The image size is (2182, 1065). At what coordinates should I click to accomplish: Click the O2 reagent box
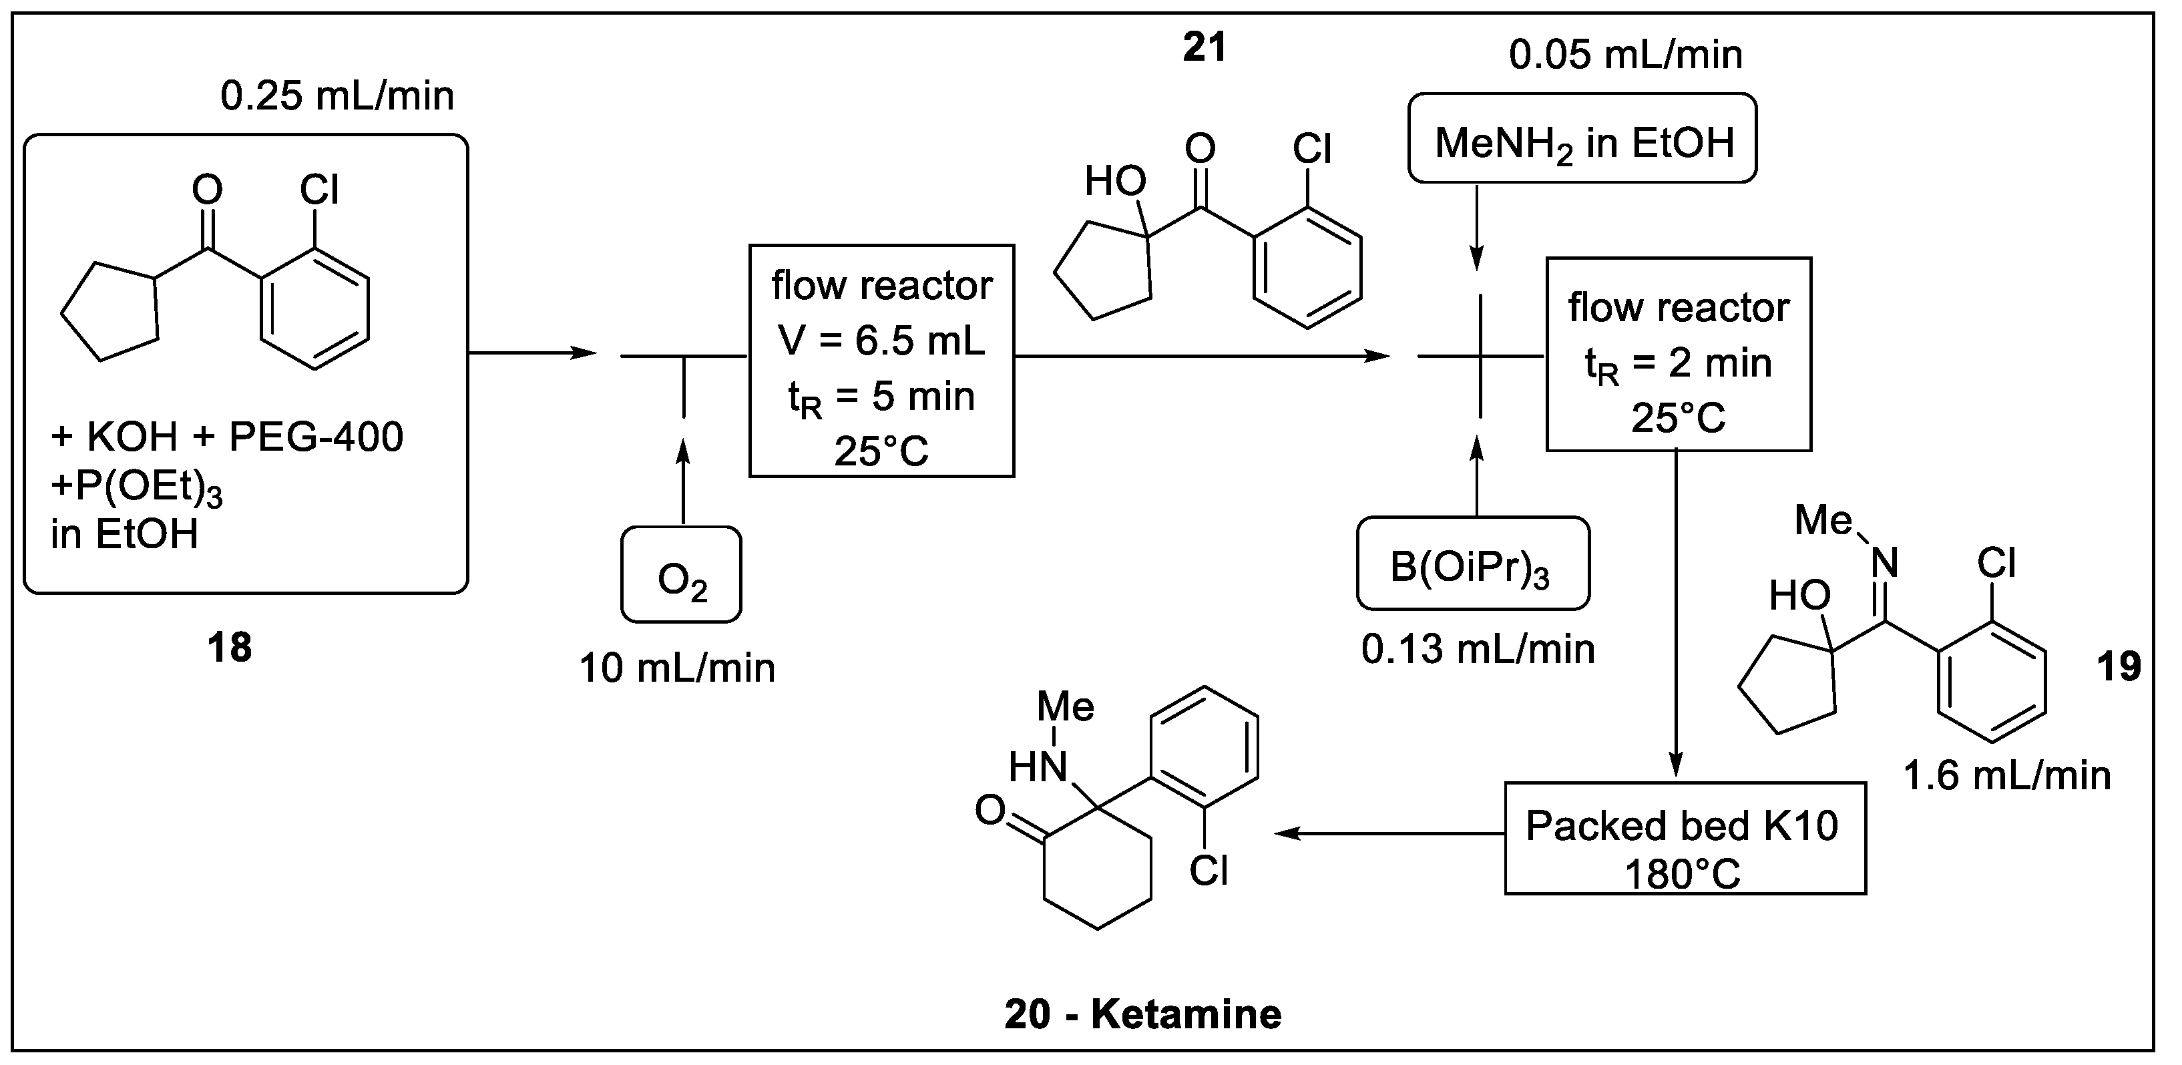coord(681,576)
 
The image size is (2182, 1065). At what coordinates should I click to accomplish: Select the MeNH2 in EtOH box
coord(1582,139)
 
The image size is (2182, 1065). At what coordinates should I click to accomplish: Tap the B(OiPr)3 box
coord(1473,564)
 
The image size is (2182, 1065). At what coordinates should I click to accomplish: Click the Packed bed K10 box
coord(1685,838)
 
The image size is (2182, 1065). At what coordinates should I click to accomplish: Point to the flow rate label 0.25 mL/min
coord(337,95)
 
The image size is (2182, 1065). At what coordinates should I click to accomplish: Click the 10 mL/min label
coord(677,668)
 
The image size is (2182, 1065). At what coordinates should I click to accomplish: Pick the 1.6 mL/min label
coord(2006,775)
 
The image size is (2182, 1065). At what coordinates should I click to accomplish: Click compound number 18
coord(230,647)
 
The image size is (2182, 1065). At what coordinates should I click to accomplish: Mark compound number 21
coord(1204,47)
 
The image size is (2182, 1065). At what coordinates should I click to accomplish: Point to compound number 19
coord(2119,667)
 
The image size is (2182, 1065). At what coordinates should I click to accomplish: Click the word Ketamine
coord(1186,1014)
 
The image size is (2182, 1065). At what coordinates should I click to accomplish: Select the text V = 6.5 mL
coord(881,341)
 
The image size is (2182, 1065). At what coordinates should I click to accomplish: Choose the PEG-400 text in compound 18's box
coord(316,437)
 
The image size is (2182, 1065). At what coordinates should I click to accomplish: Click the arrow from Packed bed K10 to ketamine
coord(1389,834)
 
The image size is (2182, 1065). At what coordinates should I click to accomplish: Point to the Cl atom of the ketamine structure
coord(1208,870)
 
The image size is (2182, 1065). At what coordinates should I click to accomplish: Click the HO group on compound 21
coord(1116,180)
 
